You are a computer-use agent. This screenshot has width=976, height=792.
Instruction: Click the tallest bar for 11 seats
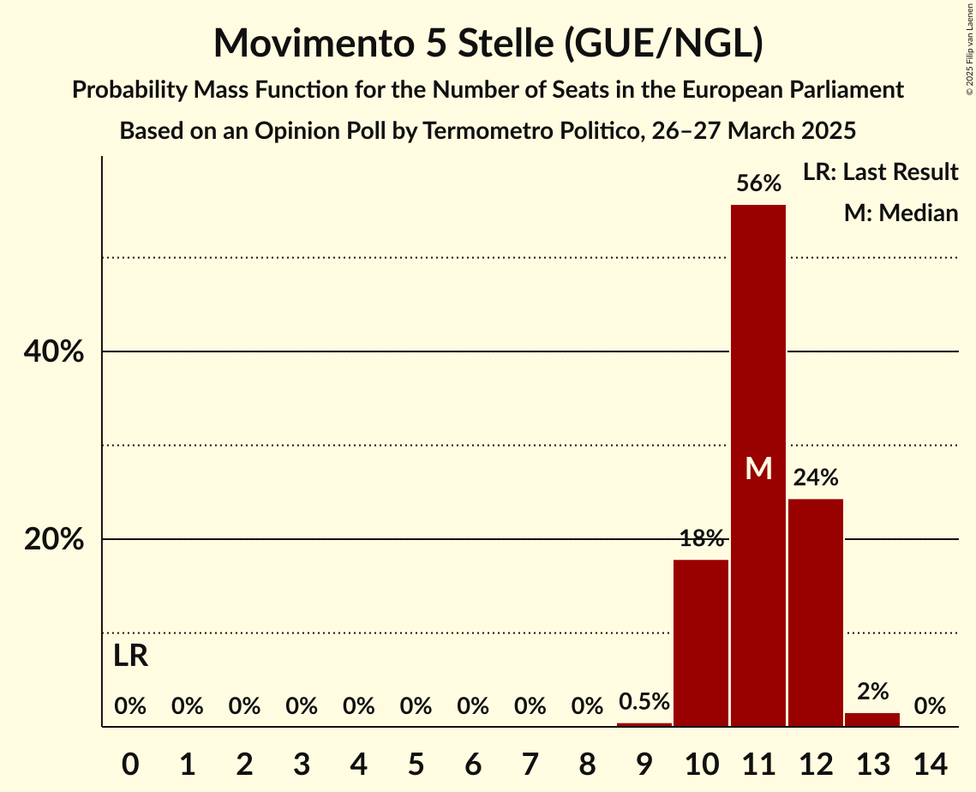(758, 343)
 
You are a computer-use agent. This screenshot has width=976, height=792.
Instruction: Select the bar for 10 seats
(701, 643)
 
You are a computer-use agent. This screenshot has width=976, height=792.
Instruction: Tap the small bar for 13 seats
(872, 720)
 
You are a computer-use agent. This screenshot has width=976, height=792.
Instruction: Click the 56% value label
(758, 183)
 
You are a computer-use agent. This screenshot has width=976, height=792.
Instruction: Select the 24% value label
(816, 477)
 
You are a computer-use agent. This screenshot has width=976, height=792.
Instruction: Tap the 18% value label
(701, 539)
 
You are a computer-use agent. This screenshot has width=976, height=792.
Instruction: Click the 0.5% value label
(644, 702)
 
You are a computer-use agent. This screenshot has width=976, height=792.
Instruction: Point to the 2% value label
(872, 692)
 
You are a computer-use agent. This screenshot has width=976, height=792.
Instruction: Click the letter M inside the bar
(758, 468)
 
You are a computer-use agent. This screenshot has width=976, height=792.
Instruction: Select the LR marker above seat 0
(130, 657)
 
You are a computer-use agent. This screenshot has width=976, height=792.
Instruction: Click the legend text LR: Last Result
(880, 172)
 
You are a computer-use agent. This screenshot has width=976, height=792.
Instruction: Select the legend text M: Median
(901, 213)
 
